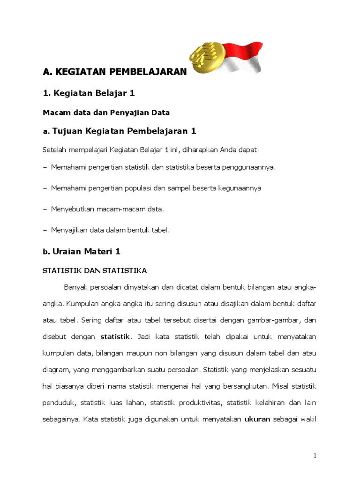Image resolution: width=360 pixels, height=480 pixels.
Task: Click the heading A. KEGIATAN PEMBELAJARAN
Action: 114,72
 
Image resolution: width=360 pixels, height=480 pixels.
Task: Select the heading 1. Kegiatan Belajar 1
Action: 89,93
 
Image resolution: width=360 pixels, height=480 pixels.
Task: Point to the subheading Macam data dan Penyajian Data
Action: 106,112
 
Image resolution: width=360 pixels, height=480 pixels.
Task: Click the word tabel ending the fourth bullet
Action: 159,230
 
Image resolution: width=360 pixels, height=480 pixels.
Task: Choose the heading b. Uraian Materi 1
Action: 82,251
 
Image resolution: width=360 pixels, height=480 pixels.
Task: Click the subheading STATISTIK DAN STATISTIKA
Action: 95,270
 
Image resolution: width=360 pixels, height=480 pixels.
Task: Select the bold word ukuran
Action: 257,419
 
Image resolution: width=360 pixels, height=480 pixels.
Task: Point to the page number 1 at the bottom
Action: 315,456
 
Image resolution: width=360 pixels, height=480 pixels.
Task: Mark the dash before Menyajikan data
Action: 45,230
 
